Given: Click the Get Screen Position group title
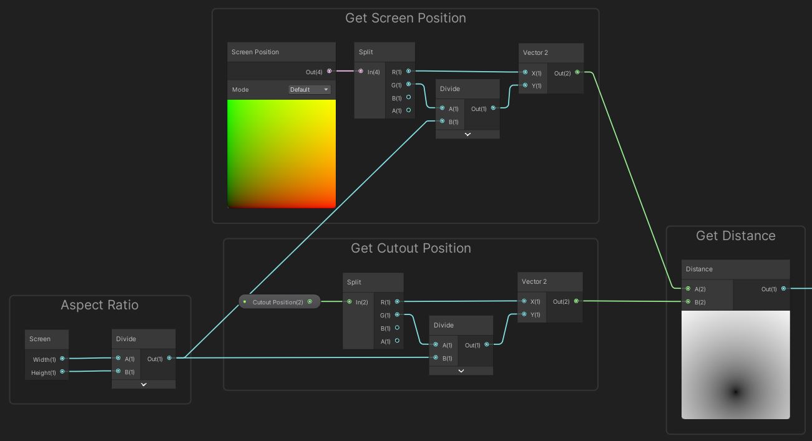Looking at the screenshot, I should point(405,18).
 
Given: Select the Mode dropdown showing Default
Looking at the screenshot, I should point(310,90).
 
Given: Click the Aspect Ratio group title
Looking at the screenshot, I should point(99,305).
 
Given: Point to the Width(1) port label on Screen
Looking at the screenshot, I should point(44,359).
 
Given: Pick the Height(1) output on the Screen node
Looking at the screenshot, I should point(62,372).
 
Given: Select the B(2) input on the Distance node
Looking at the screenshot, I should point(688,302).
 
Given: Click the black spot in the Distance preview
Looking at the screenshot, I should point(736,392).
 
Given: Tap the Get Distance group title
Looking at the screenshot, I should point(735,236).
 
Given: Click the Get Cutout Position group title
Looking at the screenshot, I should point(411,248).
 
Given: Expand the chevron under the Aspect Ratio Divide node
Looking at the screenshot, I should point(144,384).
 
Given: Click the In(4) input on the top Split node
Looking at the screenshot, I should point(361,71).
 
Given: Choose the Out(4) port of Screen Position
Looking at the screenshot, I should point(330,71).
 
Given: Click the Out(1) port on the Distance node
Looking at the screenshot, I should point(784,288).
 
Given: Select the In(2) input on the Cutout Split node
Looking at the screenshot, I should point(350,302).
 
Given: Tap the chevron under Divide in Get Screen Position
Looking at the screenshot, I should point(467,134).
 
